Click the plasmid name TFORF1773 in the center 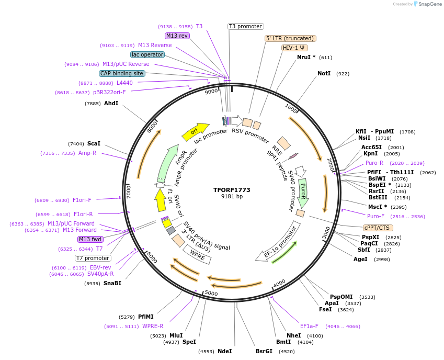232,189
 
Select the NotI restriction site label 324,74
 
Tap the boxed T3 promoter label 246,26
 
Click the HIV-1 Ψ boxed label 294,48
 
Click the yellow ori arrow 195,132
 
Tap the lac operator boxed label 147,54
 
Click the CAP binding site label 122,73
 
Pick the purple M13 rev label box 177,36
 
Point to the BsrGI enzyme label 264,351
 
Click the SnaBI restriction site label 112,283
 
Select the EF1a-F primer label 309,326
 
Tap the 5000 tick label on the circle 211,293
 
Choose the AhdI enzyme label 111,103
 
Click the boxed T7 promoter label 93,258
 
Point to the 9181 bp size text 232,197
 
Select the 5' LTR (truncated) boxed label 290,38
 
